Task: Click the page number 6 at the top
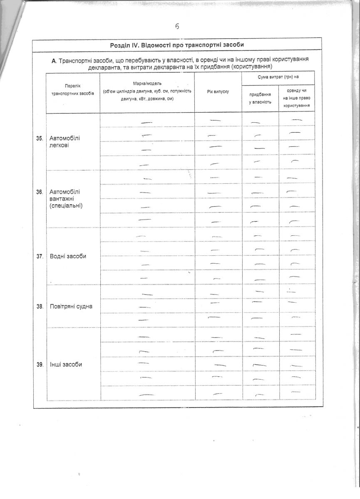[x=177, y=26]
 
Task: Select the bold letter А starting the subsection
[x=54, y=60]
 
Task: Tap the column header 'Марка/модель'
[x=147, y=84]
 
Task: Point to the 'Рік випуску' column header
[x=218, y=91]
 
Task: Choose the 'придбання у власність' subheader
[x=260, y=98]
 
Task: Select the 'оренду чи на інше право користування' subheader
[x=296, y=98]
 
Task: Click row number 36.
[x=40, y=192]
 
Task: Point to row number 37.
[x=40, y=257]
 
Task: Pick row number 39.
[x=40, y=365]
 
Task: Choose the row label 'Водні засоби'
[x=68, y=256]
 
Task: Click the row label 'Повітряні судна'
[x=71, y=306]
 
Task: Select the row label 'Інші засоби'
[x=66, y=364]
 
